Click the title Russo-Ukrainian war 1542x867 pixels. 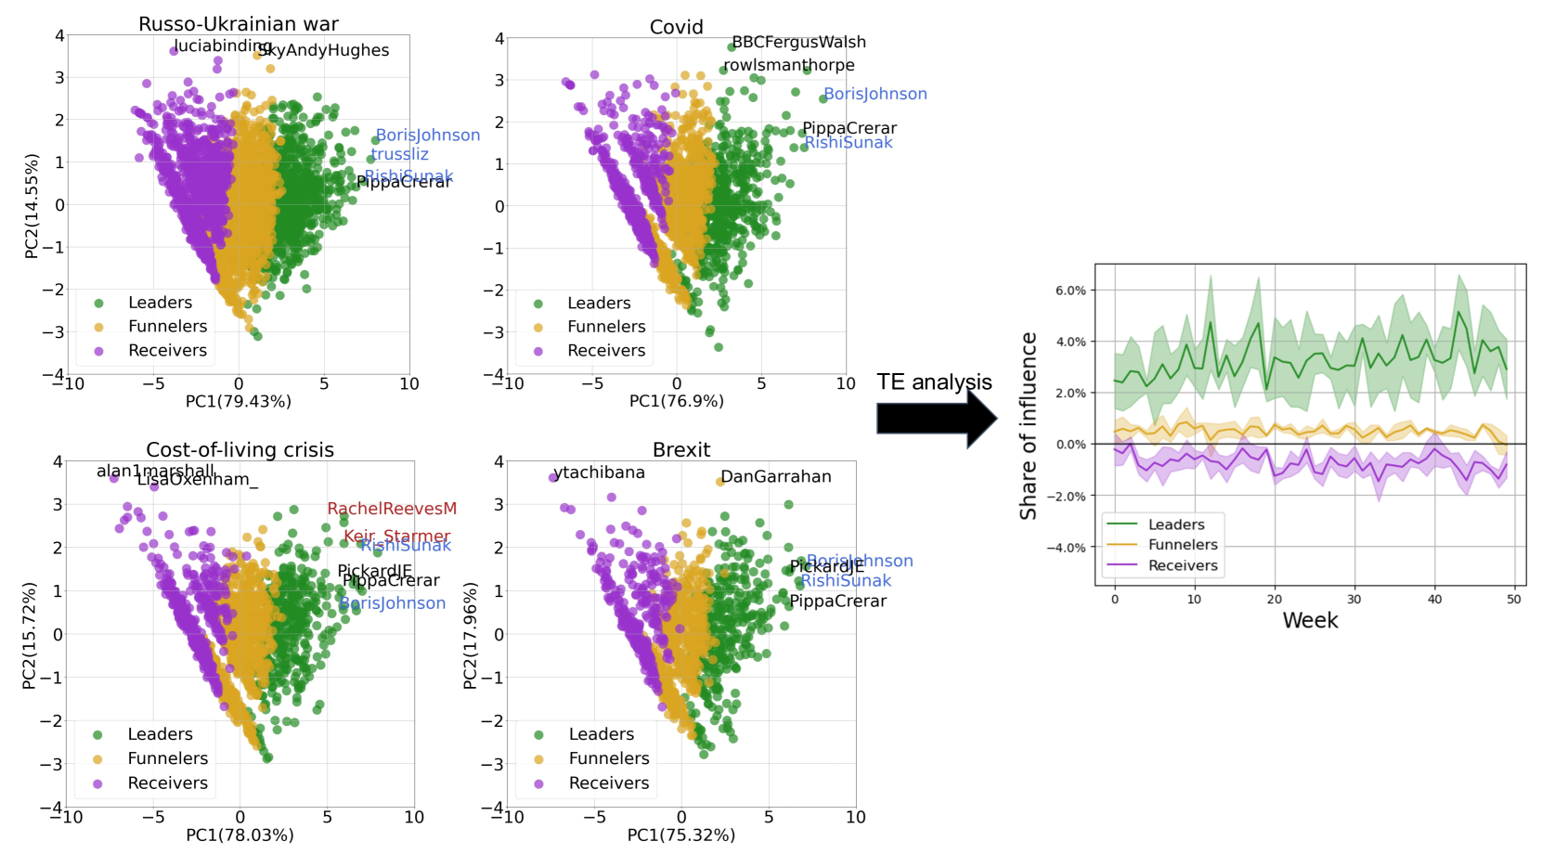tap(239, 24)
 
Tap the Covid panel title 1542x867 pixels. tap(676, 27)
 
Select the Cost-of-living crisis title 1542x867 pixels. tap(240, 450)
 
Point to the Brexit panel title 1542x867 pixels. tap(681, 450)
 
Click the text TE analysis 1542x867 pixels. tap(934, 382)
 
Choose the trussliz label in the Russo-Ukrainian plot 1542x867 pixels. tap(400, 154)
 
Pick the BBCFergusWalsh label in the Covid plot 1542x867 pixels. tap(798, 42)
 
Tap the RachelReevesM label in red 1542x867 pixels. tap(392, 509)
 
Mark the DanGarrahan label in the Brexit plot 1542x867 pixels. tap(775, 477)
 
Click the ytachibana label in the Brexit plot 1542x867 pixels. tap(599, 472)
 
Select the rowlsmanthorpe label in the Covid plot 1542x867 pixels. tap(789, 65)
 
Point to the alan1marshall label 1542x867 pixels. tap(155, 472)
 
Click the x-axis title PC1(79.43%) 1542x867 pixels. tap(239, 401)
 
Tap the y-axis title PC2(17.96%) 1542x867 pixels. tap(470, 635)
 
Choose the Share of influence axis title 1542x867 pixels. tap(1029, 425)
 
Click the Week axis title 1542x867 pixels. tap(1310, 620)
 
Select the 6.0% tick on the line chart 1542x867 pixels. tap(1070, 291)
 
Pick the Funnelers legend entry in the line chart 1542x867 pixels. tap(1182, 545)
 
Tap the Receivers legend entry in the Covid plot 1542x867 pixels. tap(606, 351)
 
